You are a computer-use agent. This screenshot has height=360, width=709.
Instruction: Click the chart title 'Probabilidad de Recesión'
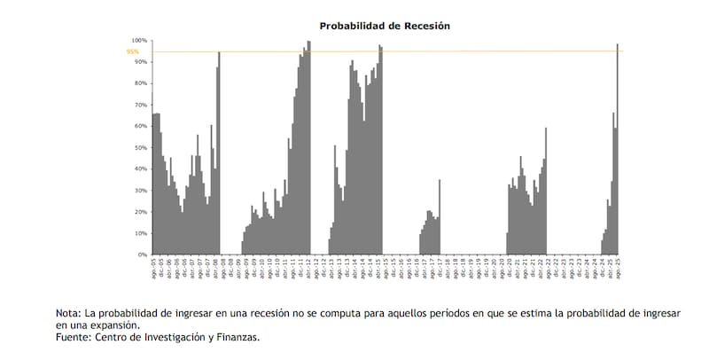pos(385,26)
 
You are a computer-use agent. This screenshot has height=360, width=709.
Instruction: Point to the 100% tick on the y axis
pos(139,41)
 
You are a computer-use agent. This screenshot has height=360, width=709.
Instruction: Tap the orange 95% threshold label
pos(133,51)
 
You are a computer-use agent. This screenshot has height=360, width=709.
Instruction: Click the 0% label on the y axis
pos(142,254)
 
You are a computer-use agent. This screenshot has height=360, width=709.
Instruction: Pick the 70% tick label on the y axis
pos(140,105)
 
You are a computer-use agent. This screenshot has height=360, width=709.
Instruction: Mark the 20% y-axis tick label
pos(140,212)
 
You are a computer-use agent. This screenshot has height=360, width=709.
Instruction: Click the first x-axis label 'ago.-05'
pos(155,270)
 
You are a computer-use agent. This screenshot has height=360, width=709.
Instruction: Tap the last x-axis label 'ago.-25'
pos(617,270)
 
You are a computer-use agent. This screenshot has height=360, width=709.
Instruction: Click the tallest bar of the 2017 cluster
pos(440,217)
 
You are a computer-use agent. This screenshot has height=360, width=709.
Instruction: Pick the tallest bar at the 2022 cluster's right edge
pos(546,192)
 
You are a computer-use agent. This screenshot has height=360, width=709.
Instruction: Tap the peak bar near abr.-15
pos(380,151)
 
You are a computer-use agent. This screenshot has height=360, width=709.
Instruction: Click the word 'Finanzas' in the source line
pos(236,337)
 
